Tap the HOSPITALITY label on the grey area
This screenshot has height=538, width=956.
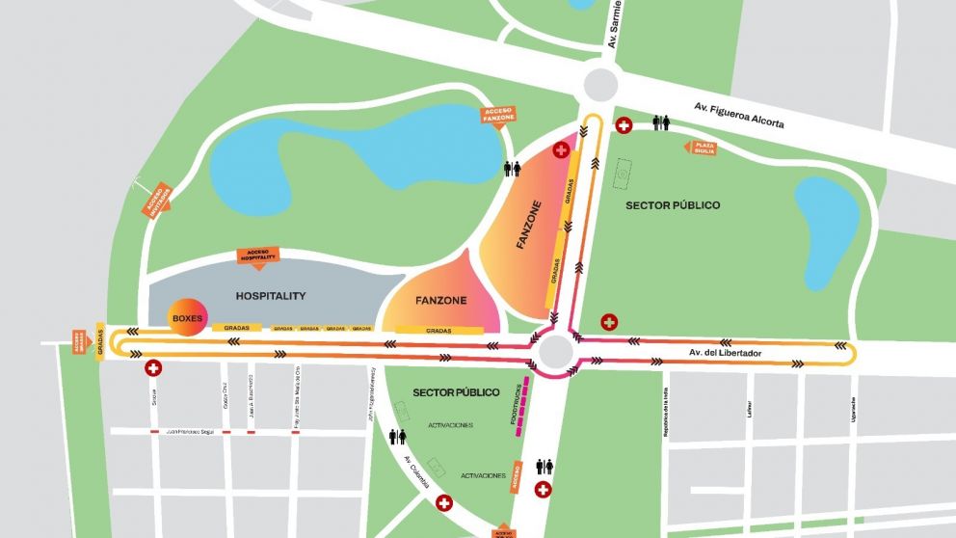pyautogui.click(x=270, y=296)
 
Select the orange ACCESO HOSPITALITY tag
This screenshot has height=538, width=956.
pyautogui.click(x=257, y=256)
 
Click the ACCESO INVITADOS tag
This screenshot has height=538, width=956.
pyautogui.click(x=157, y=199)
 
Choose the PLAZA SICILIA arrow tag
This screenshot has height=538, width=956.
pyautogui.click(x=700, y=148)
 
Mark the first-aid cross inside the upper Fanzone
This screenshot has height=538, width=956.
pyautogui.click(x=561, y=149)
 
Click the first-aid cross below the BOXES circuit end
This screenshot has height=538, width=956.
pyautogui.click(x=153, y=368)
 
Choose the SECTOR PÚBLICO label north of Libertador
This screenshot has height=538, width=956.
pyautogui.click(x=673, y=205)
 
